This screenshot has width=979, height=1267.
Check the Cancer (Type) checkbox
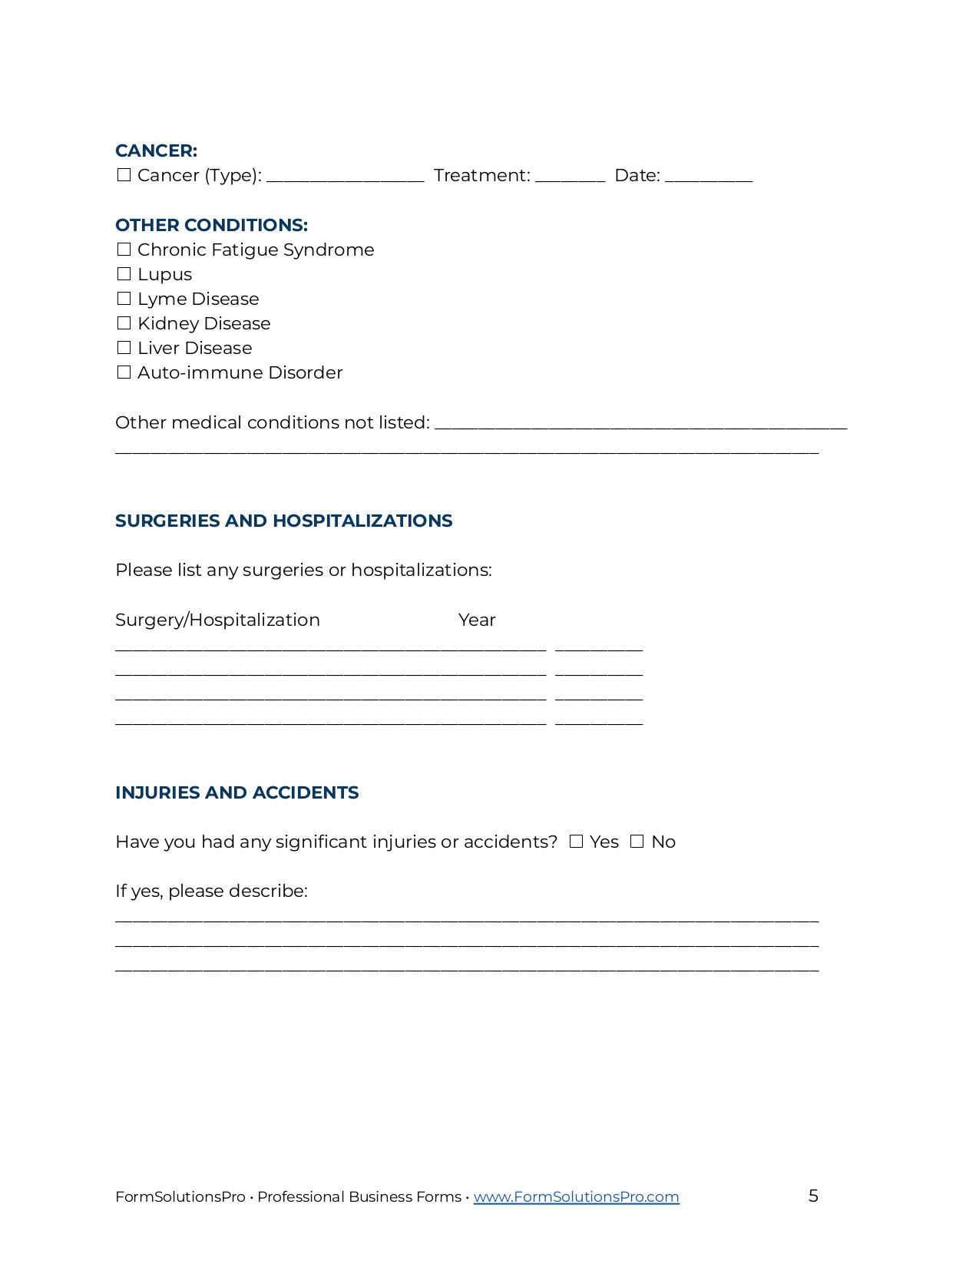124,175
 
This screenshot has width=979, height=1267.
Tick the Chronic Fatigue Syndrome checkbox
124,250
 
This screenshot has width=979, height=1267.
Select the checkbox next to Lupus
124,274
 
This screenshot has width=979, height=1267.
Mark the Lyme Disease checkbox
124,299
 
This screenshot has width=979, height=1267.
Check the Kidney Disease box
124,323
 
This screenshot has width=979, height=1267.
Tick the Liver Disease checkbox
124,348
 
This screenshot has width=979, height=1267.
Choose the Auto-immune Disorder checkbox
124,372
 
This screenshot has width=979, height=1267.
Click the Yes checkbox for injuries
576,842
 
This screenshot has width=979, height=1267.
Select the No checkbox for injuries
637,842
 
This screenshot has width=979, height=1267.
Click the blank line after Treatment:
570,178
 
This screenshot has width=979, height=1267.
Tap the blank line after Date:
708,178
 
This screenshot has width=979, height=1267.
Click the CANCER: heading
156,151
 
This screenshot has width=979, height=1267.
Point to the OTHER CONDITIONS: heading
211,225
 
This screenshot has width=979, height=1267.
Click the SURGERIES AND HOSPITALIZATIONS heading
283,521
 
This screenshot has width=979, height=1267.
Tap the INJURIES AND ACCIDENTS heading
236,792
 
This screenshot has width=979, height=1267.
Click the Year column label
477,620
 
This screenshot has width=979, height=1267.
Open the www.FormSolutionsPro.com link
576,1196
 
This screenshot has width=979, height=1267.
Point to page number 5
813,1196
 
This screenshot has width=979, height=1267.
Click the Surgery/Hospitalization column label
217,620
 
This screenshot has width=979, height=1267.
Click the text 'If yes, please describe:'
211,891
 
